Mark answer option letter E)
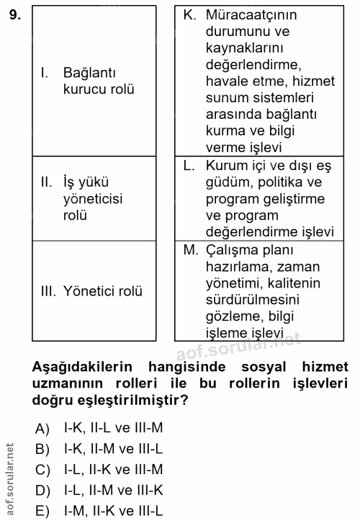click(42, 512)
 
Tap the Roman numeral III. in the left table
click(49, 291)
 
